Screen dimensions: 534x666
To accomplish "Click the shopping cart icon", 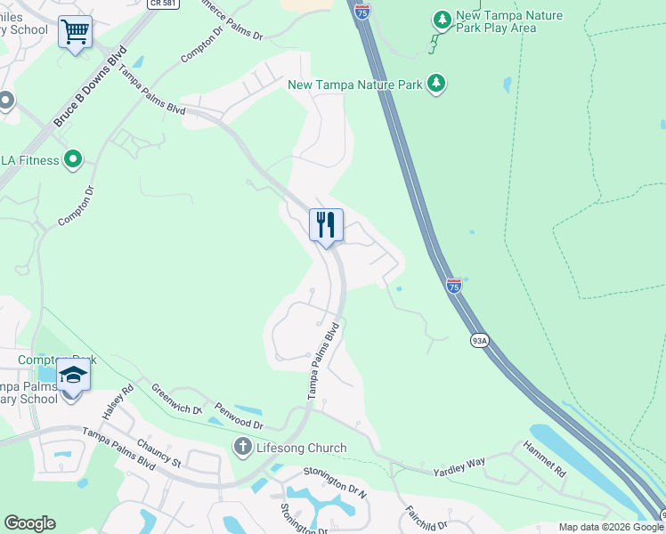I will tap(75, 33).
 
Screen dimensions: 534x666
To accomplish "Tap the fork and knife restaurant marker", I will tap(326, 224).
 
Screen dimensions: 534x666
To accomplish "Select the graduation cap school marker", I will tap(74, 377).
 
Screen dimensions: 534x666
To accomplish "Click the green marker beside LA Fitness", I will tap(72, 160).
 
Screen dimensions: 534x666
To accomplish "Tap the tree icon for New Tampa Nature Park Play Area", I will tap(441, 18).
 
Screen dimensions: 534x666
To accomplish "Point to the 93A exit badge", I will tap(478, 341).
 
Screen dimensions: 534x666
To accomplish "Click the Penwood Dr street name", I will tap(239, 415).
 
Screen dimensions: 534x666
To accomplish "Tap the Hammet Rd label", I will tap(544, 457).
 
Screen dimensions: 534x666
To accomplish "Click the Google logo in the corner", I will tap(29, 523).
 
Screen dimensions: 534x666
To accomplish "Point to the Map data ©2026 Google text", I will tap(611, 527).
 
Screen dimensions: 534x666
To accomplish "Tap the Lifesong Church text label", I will tap(301, 448).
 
